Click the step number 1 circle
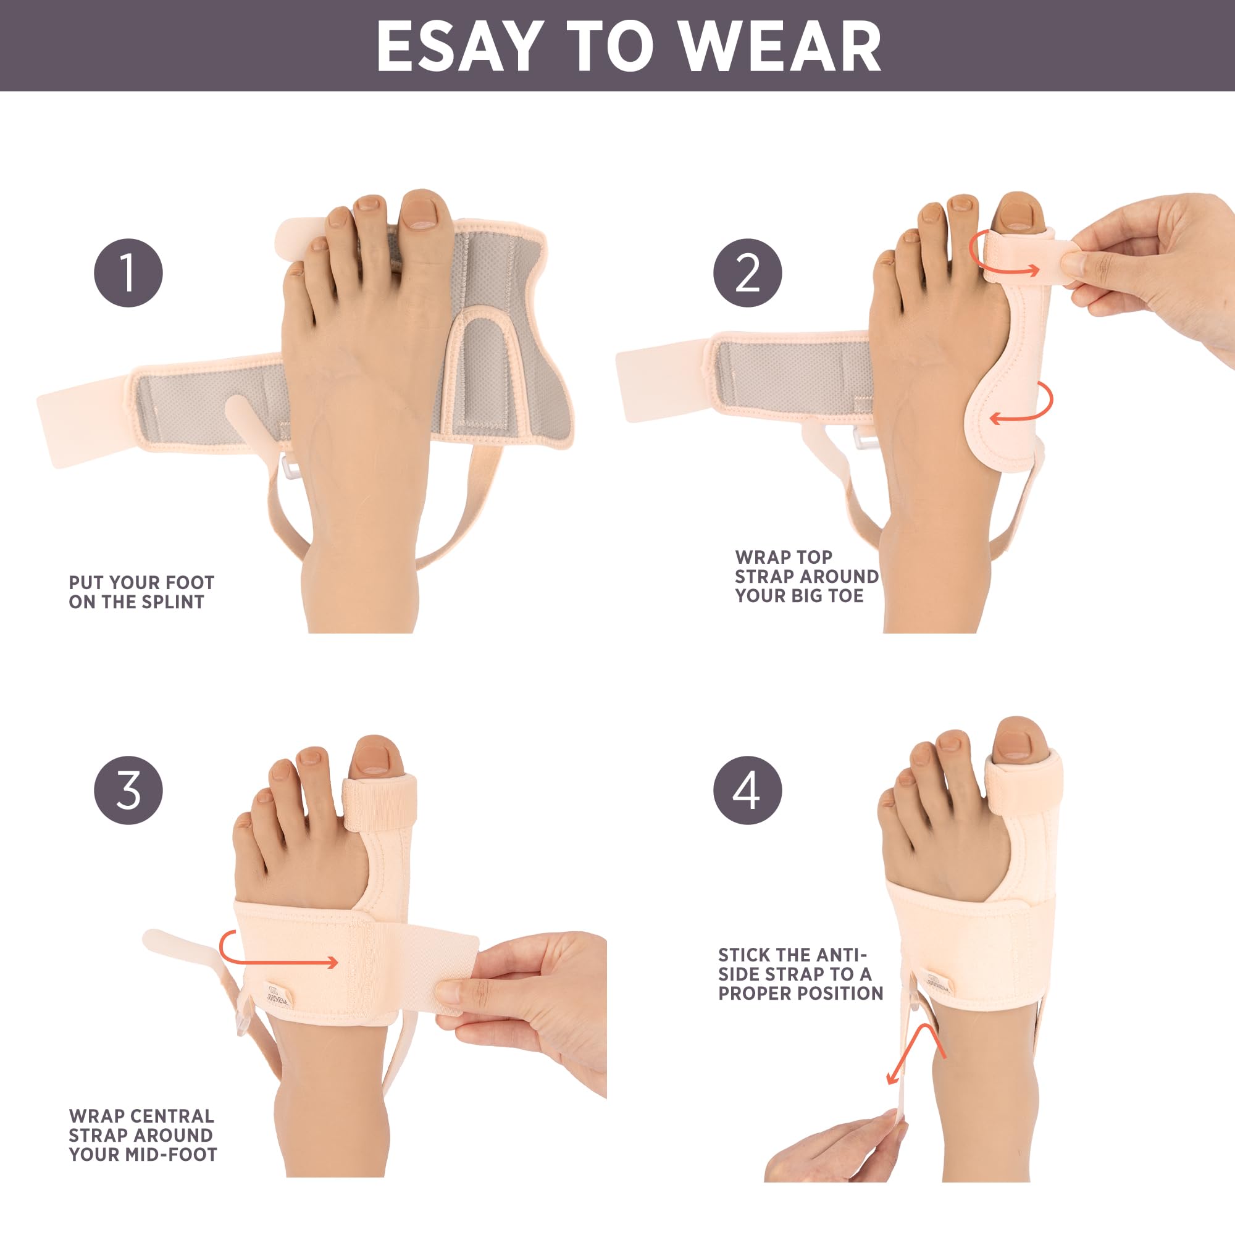click(x=128, y=273)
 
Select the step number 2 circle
click(x=748, y=273)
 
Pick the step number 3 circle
click(x=128, y=790)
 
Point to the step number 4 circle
click(x=748, y=790)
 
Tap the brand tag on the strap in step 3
click(x=278, y=997)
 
